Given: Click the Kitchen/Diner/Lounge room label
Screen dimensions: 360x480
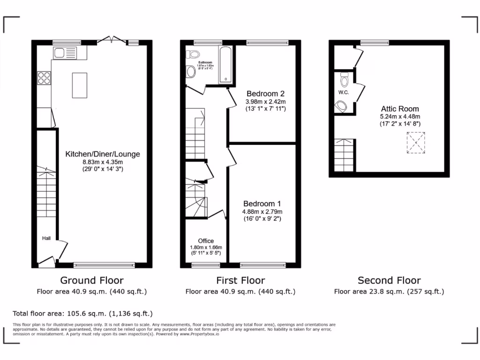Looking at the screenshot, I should [102, 154].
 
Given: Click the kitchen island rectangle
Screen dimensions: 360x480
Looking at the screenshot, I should [80, 85].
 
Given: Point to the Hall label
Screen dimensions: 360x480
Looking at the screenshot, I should [46, 238].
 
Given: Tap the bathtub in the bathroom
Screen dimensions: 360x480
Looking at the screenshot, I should [226, 65].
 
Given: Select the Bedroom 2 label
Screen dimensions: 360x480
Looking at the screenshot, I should [265, 93].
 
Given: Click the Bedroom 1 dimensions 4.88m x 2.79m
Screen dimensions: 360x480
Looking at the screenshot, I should [262, 211].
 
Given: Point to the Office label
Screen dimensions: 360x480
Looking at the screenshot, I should [206, 241].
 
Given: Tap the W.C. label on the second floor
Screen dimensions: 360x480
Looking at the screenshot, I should [343, 92].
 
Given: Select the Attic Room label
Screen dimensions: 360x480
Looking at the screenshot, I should [400, 109].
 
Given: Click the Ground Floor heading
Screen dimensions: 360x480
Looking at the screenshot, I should [92, 280].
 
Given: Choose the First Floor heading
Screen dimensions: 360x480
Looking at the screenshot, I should [240, 280].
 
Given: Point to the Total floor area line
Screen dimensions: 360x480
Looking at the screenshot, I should [82, 314].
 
